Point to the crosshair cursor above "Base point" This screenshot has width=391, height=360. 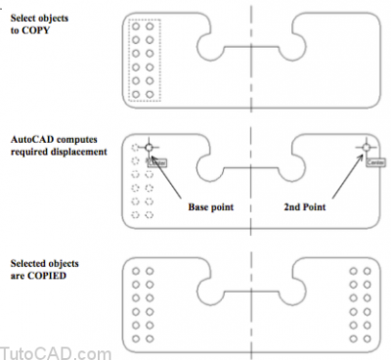coord(149,149)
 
